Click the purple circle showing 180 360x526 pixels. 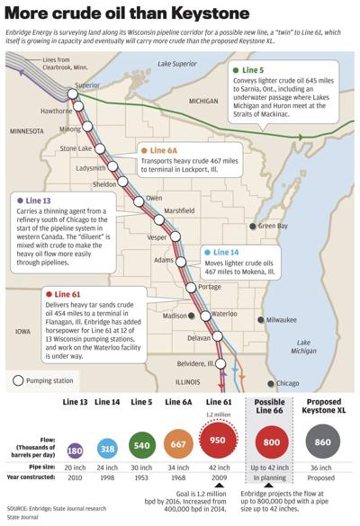point(76,448)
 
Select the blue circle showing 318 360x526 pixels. point(107,448)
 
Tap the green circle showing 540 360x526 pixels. point(141,447)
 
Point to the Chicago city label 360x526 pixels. point(289,383)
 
